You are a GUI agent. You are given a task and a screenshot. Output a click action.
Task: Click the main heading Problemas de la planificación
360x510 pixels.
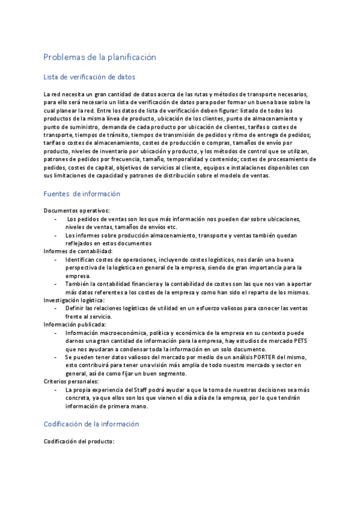[x=100, y=57]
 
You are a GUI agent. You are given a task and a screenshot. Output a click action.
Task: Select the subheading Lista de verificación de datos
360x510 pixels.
[x=90, y=77]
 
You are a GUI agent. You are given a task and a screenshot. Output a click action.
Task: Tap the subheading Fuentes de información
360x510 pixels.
[x=82, y=194]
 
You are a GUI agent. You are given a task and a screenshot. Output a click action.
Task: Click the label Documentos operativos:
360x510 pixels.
[x=76, y=210]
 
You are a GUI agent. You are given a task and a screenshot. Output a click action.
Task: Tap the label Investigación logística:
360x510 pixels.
[x=75, y=300]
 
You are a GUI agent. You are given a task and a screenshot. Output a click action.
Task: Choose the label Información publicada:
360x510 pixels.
[x=75, y=324]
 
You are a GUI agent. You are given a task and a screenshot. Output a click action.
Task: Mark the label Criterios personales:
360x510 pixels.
[x=72, y=381]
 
